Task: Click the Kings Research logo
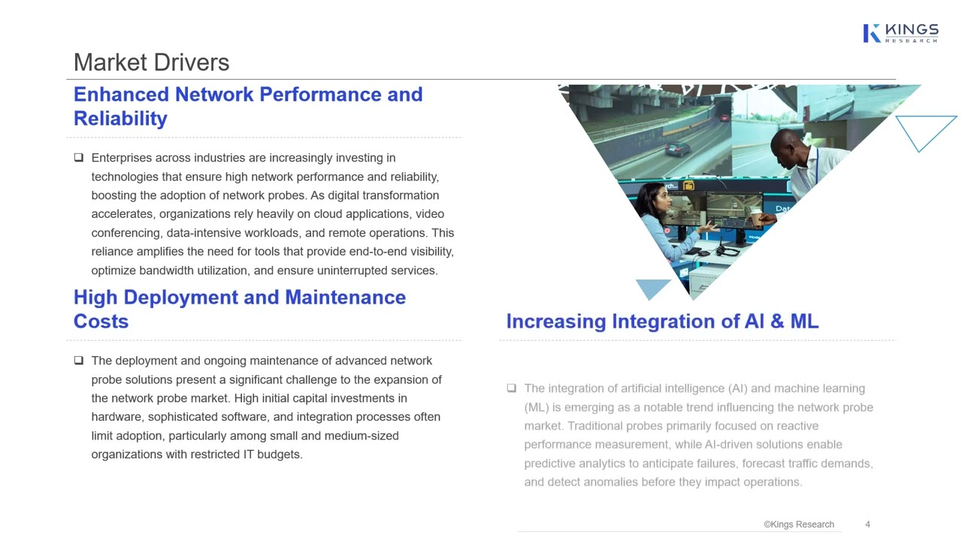coord(900,33)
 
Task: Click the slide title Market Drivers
coord(151,62)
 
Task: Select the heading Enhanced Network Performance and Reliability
coord(248,106)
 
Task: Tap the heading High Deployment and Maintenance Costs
coord(239,309)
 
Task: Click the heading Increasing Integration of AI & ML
coord(662,322)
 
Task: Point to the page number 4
coord(867,524)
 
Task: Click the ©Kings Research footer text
coord(798,524)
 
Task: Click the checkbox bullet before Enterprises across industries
coord(79,158)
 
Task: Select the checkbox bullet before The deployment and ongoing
coord(79,361)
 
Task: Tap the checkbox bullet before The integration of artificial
coord(512,388)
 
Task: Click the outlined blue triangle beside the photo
coord(924,130)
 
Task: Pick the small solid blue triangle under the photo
coord(652,287)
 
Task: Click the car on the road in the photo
coord(678,148)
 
